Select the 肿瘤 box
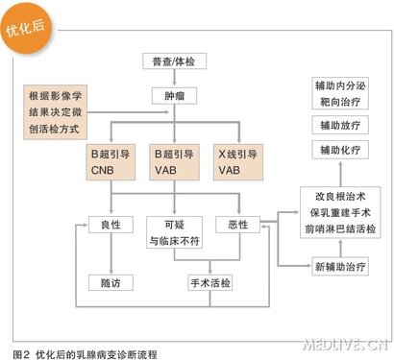point(175,96)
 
